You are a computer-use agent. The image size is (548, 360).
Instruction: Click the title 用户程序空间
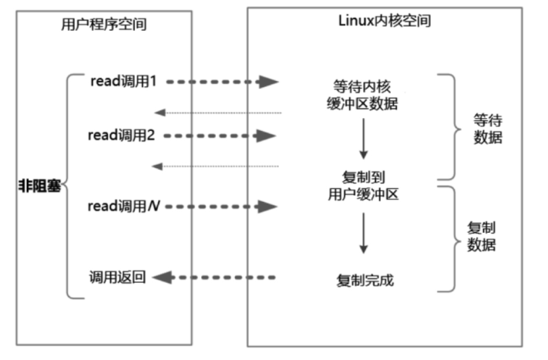(x=104, y=24)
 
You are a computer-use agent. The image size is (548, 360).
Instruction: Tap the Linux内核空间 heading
(x=385, y=21)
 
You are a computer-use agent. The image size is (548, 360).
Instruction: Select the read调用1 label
(x=123, y=81)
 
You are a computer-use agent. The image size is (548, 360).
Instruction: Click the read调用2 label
(x=121, y=135)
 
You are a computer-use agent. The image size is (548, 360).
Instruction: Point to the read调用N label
(x=124, y=206)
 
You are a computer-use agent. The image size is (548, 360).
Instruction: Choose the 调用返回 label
(x=117, y=278)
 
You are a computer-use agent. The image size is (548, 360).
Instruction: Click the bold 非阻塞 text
(x=39, y=186)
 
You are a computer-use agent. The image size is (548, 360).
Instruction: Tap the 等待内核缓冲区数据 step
(x=362, y=95)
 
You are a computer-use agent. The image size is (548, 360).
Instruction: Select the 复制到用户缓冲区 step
(x=364, y=186)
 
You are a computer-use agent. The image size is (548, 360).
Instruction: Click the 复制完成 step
(x=365, y=281)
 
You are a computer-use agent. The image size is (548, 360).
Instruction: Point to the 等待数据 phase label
(x=488, y=129)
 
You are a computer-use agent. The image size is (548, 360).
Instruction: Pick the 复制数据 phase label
(x=482, y=236)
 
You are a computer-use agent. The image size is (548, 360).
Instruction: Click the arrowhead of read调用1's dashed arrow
(x=268, y=82)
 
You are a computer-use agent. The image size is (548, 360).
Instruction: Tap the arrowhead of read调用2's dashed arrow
(x=266, y=136)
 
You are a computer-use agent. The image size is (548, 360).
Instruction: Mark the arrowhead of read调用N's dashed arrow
(x=267, y=207)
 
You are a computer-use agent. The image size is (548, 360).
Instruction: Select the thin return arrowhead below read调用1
(x=160, y=113)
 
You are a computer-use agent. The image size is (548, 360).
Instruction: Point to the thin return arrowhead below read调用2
(x=157, y=167)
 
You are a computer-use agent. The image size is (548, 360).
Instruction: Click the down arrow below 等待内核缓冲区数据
(x=364, y=139)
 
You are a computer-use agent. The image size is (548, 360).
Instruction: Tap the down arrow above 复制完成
(x=364, y=233)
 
